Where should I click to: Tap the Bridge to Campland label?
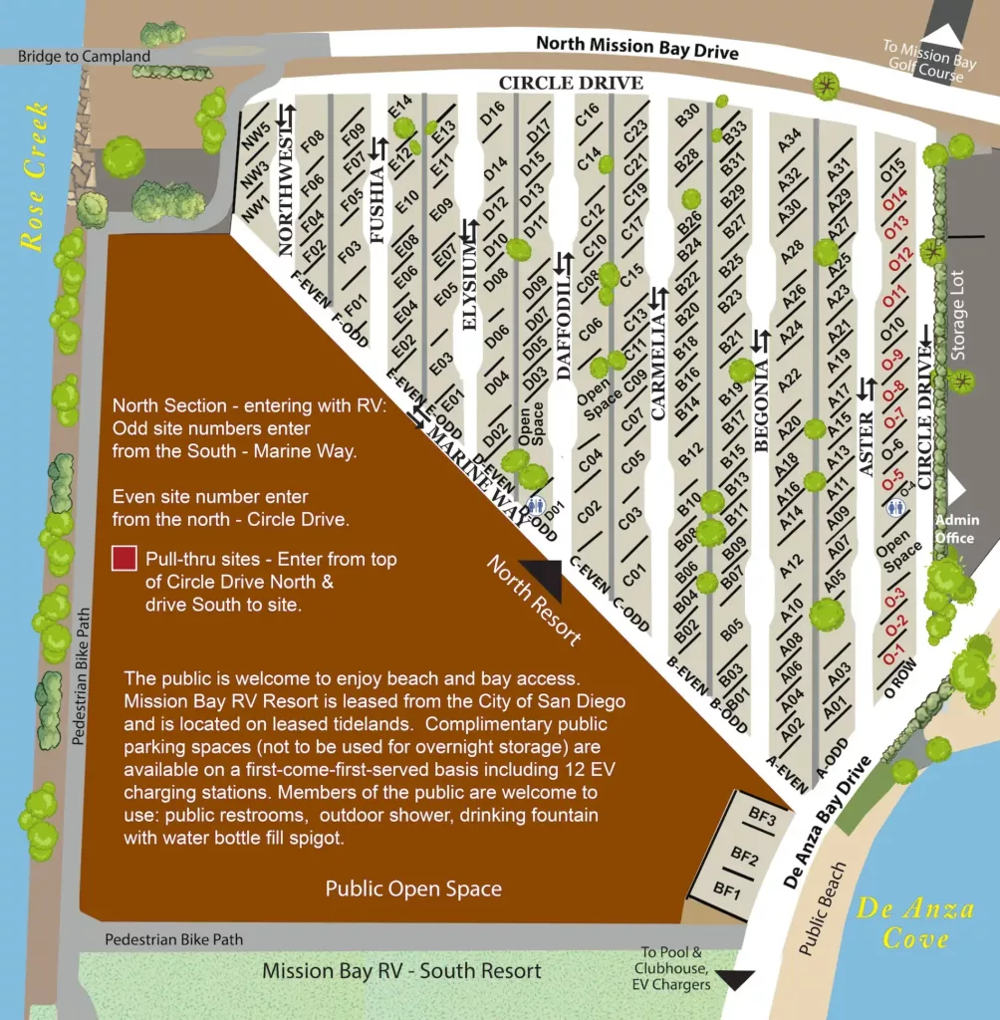pyautogui.click(x=84, y=57)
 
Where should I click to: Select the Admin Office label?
pyautogui.click(x=956, y=529)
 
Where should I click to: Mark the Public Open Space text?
pyautogui.click(x=413, y=889)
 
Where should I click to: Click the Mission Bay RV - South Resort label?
pyautogui.click(x=401, y=971)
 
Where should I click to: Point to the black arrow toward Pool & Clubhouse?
pyautogui.click(x=737, y=980)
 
